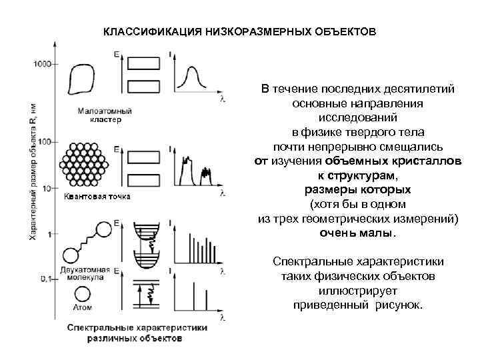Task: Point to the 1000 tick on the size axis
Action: coord(41,63)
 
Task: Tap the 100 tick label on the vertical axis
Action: coord(45,142)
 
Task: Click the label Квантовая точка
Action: coord(97,196)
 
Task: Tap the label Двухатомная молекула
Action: coord(86,273)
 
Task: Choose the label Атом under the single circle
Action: coord(83,308)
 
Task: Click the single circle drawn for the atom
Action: coord(83,293)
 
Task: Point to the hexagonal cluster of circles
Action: coord(83,163)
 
